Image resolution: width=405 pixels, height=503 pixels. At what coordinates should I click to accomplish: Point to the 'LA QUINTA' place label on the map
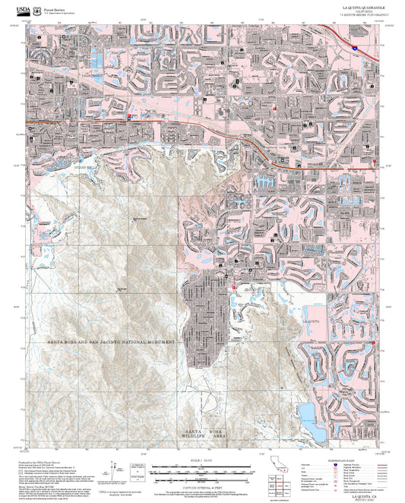(313, 322)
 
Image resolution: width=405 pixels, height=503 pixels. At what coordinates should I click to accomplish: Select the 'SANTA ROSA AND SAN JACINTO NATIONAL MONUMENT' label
(111, 343)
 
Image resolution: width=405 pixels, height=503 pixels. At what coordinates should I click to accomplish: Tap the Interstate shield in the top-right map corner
(354, 47)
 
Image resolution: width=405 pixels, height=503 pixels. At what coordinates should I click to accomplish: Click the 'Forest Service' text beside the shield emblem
(53, 6)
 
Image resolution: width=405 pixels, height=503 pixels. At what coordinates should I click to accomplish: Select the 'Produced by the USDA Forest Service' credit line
(46, 461)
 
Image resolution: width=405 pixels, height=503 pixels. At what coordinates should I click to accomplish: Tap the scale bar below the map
(202, 470)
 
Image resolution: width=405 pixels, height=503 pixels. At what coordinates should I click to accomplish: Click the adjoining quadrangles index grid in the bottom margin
(280, 483)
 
